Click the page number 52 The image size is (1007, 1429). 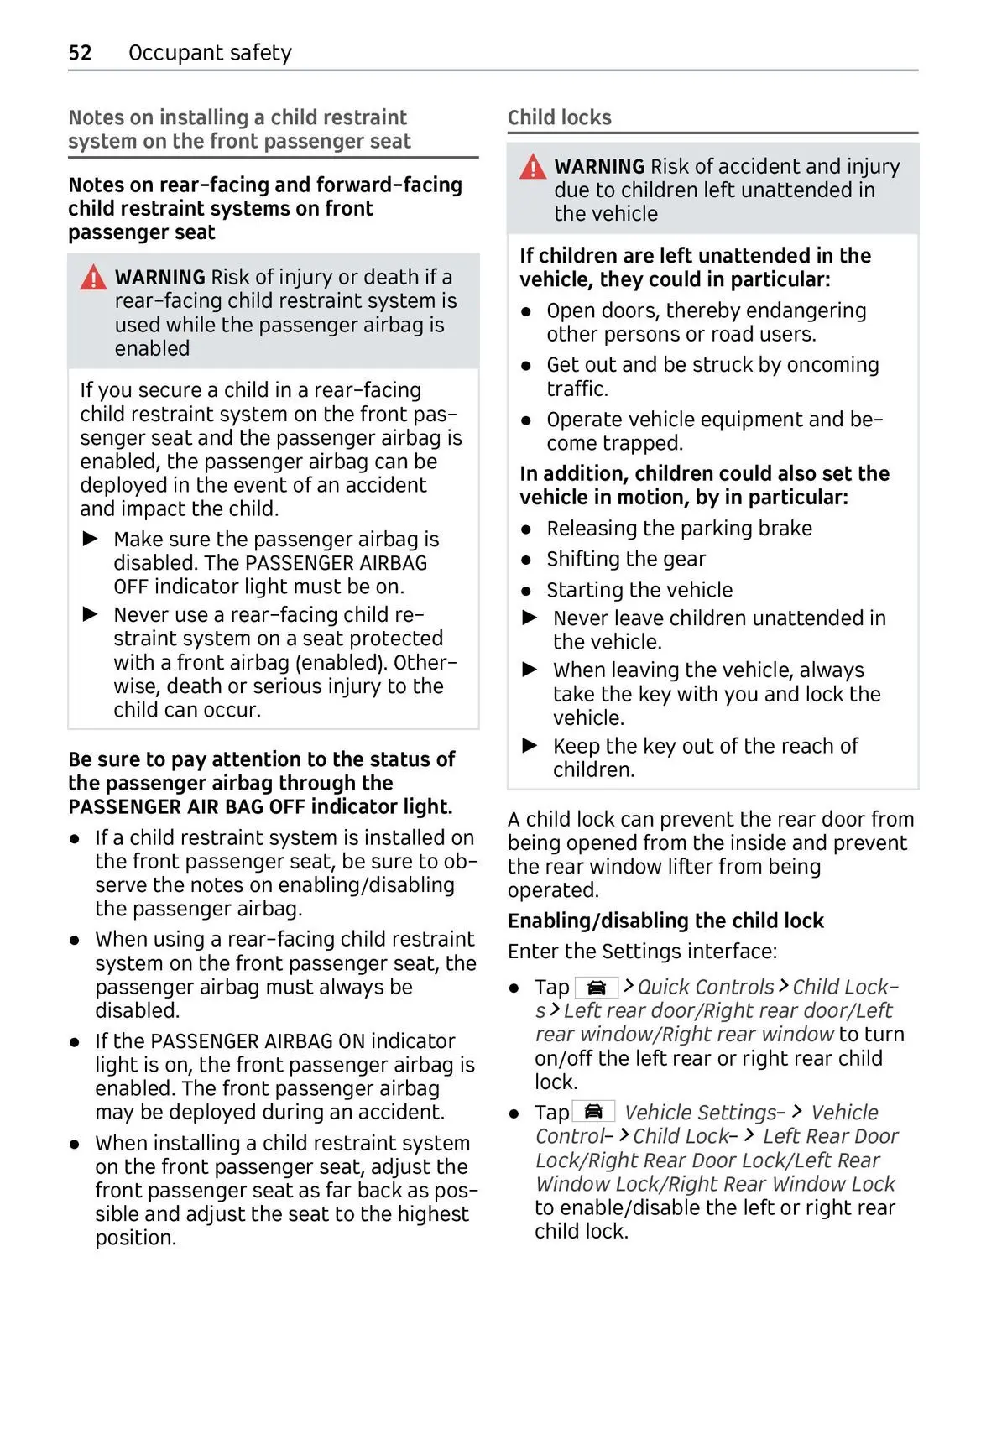click(80, 53)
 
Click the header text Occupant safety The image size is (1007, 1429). click(210, 53)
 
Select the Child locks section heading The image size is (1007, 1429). click(560, 117)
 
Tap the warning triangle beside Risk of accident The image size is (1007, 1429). click(533, 167)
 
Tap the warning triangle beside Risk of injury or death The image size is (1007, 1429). click(93, 278)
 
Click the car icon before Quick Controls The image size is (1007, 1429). click(597, 988)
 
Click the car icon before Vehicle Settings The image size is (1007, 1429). click(593, 1112)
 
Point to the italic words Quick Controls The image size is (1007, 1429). click(706, 987)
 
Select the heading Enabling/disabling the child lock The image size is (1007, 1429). click(665, 921)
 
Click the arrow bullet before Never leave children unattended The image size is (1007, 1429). click(530, 618)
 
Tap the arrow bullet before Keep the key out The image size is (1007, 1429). click(530, 746)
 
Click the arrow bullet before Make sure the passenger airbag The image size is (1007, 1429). click(91, 539)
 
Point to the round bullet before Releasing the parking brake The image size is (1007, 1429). click(526, 529)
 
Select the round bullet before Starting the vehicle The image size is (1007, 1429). click(526, 591)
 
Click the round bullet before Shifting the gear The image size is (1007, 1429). click(526, 560)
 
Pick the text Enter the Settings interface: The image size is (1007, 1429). click(642, 952)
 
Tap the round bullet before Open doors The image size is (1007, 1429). click(526, 311)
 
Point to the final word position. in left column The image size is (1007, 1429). click(135, 1239)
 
